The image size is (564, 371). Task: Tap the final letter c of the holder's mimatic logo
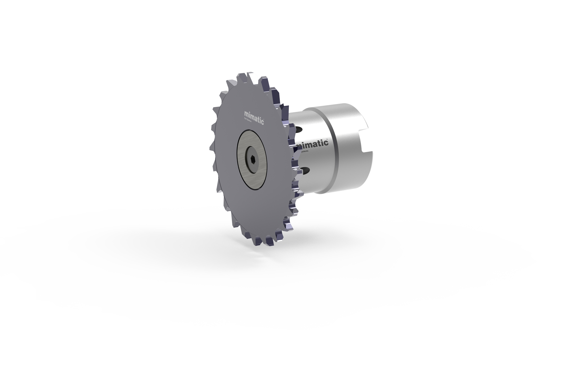click(x=326, y=143)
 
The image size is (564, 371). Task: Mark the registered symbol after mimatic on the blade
click(x=264, y=119)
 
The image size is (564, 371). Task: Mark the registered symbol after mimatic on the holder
click(x=328, y=139)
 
